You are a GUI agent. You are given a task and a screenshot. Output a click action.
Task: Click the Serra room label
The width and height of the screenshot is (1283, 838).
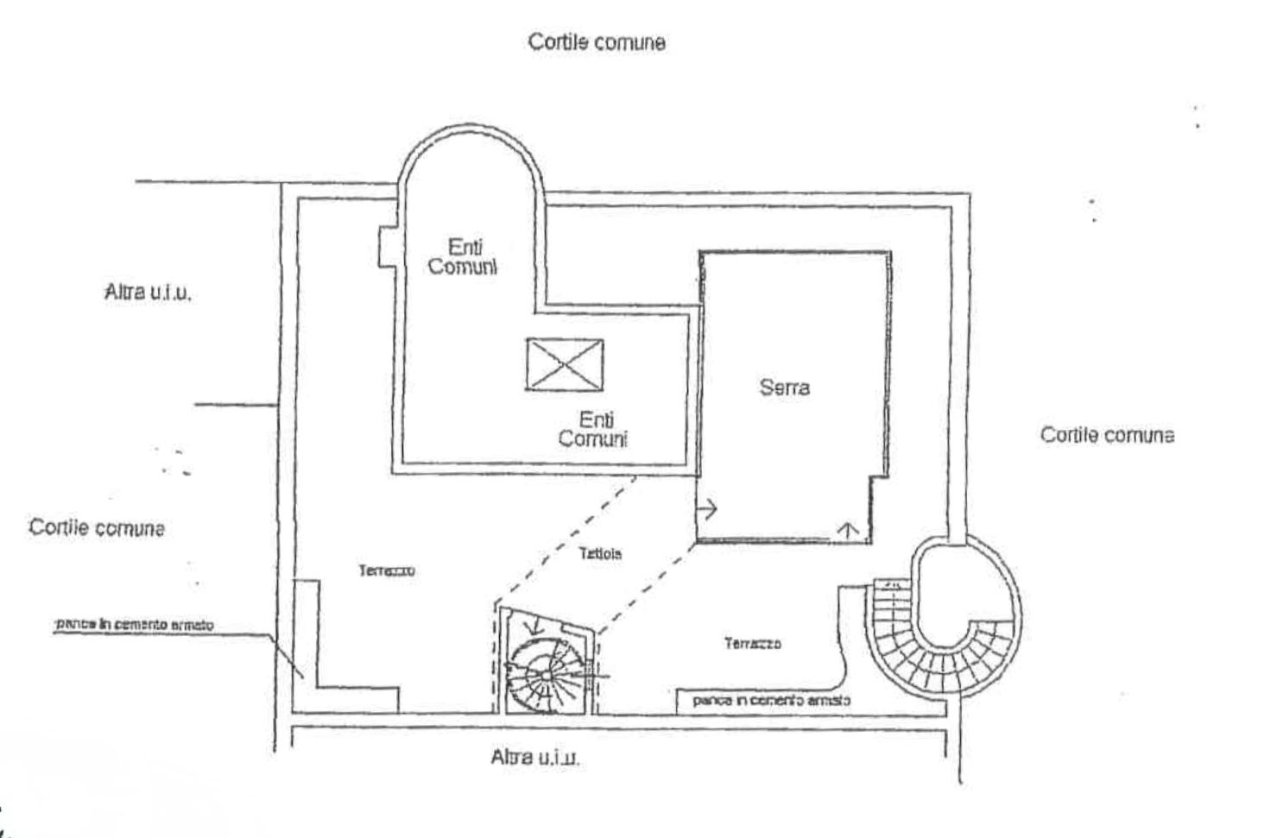click(784, 387)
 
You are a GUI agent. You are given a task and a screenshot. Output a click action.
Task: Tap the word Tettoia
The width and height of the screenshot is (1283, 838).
click(600, 554)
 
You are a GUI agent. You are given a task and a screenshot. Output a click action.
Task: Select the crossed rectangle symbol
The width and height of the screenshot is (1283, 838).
click(565, 364)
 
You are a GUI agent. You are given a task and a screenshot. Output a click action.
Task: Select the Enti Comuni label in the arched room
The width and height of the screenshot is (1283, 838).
click(463, 257)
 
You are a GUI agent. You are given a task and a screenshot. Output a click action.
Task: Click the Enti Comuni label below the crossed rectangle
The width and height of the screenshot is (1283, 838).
click(593, 429)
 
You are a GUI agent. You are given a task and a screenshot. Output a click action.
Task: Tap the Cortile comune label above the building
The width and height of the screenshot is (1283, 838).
click(597, 41)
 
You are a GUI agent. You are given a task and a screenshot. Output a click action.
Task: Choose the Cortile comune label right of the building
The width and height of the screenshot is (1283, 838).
click(1107, 434)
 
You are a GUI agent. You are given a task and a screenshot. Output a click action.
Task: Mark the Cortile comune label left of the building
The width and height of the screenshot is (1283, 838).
click(97, 527)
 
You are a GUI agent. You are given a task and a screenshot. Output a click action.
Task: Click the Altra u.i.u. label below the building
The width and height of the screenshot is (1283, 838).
click(535, 758)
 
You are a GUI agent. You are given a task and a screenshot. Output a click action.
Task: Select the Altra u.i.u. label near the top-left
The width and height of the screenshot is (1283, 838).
click(148, 292)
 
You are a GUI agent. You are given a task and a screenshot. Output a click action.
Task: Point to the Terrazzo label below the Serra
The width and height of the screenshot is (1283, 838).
click(753, 643)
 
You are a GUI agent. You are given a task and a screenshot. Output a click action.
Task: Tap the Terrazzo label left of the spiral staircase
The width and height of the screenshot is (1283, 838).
click(387, 570)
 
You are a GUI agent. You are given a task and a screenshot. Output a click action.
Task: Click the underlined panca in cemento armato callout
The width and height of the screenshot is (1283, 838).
click(134, 624)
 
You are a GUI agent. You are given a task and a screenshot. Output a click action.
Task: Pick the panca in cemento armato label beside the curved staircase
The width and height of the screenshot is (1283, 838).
click(771, 700)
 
